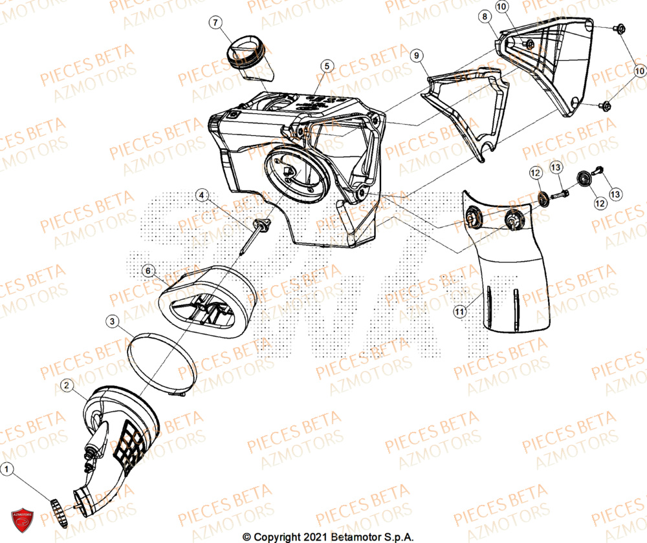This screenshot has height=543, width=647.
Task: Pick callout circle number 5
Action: (327, 65)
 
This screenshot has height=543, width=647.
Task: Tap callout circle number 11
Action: (459, 312)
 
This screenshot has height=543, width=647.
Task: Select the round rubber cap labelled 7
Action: (245, 50)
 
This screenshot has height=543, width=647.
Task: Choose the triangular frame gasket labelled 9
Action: (463, 110)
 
